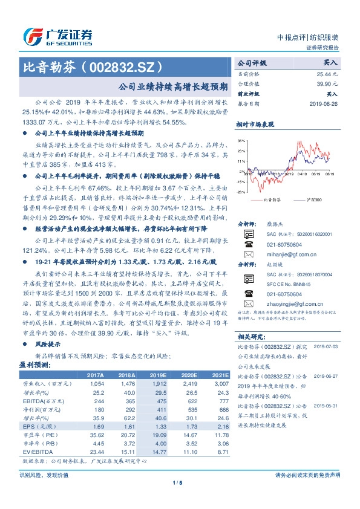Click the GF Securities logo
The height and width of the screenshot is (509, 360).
point(57,36)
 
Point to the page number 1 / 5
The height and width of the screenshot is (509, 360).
point(177,499)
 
